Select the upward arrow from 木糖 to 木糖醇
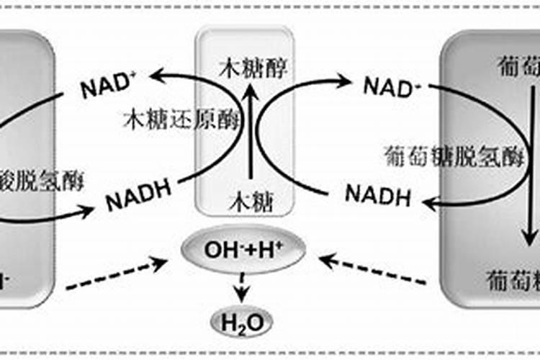(x=249, y=133)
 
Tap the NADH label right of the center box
(x=377, y=194)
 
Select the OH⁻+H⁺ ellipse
(x=243, y=250)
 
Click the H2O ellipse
(x=241, y=321)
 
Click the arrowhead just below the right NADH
(x=431, y=206)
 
